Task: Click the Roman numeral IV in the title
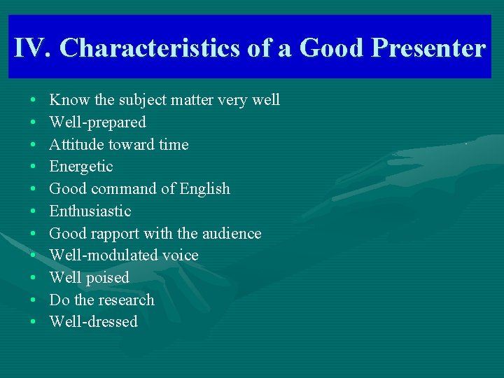click(x=32, y=48)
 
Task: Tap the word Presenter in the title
click(x=428, y=48)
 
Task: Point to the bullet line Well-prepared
click(x=97, y=122)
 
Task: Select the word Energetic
click(x=80, y=167)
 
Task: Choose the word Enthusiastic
click(x=90, y=211)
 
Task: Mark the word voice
click(x=181, y=255)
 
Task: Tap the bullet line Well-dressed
click(x=93, y=322)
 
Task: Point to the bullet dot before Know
click(x=34, y=101)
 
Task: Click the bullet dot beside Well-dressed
click(x=34, y=323)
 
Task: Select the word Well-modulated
click(x=103, y=255)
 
